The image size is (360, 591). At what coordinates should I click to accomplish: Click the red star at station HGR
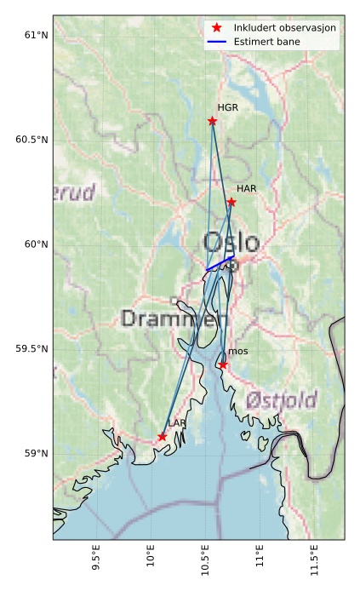pyautogui.click(x=212, y=121)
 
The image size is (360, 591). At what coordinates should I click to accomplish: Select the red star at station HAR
pyautogui.click(x=231, y=202)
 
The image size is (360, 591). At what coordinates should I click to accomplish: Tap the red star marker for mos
pyautogui.click(x=223, y=364)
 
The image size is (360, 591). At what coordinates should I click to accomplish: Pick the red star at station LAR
pyautogui.click(x=162, y=437)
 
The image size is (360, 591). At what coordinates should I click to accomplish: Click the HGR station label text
pyautogui.click(x=227, y=108)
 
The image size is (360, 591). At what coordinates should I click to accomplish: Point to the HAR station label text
pyautogui.click(x=247, y=188)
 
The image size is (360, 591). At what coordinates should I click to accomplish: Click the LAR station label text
pyautogui.click(x=177, y=423)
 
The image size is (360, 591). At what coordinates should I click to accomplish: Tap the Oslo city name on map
pyautogui.click(x=231, y=242)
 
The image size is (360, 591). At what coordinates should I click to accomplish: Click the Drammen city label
pyautogui.click(x=174, y=319)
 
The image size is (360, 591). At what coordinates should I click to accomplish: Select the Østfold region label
pyautogui.click(x=281, y=400)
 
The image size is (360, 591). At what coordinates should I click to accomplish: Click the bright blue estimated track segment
pyautogui.click(x=220, y=263)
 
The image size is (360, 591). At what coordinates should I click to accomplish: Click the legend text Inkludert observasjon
pyautogui.click(x=285, y=28)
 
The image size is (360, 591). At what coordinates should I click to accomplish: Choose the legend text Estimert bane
pyautogui.click(x=267, y=42)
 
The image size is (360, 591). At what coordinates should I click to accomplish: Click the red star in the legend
pyautogui.click(x=217, y=28)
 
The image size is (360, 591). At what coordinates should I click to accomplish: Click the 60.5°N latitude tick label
pyautogui.click(x=27, y=140)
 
